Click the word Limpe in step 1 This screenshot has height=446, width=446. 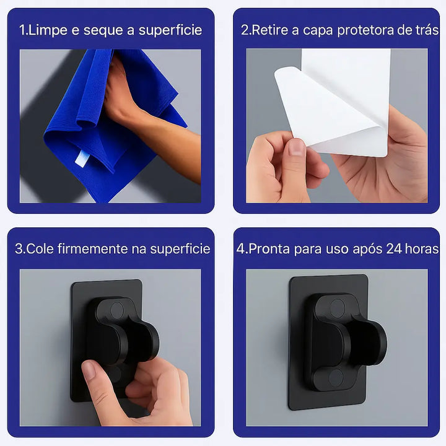pos(48,31)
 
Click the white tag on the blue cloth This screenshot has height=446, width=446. pos(82,159)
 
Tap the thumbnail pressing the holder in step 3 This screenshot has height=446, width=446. pos(89,369)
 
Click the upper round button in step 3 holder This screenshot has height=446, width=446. pos(117,310)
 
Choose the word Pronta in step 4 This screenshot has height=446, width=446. pos(269,249)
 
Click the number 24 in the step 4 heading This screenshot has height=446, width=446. pos(394,249)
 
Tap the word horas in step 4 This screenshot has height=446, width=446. pos(422,249)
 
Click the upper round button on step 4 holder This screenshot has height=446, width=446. pos(338,308)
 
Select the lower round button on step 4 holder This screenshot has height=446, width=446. pos(336,378)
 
